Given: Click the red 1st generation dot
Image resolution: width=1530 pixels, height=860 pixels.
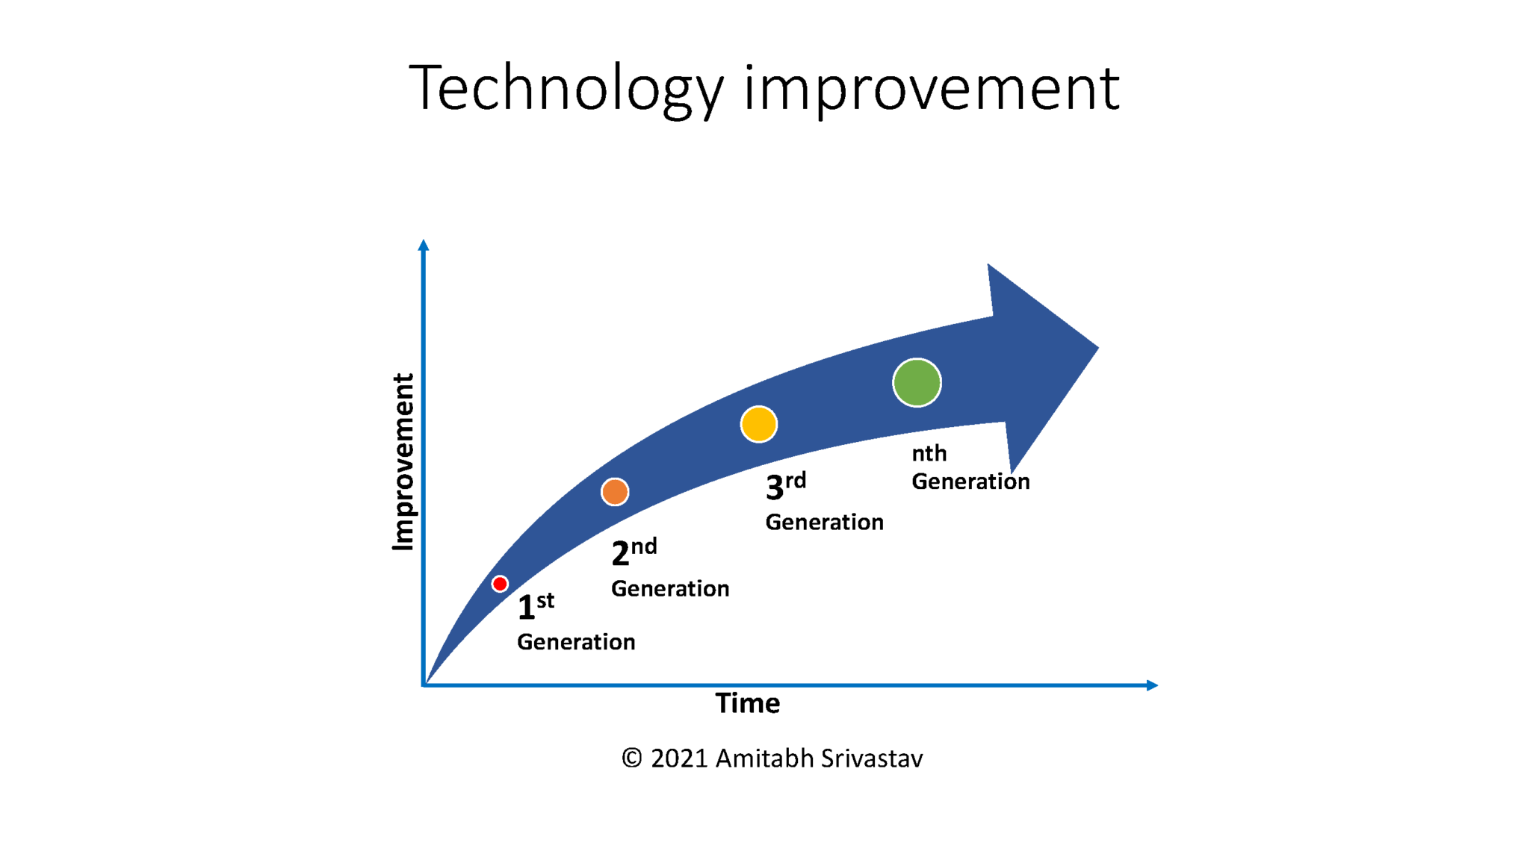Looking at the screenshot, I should [500, 584].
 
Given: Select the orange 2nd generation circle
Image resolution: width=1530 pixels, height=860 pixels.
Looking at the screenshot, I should [615, 492].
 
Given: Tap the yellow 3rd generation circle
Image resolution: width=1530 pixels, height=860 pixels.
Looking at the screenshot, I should [758, 424].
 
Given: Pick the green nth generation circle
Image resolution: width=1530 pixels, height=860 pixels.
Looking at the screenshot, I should [917, 383].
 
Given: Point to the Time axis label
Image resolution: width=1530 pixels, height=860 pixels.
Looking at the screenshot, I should [747, 703].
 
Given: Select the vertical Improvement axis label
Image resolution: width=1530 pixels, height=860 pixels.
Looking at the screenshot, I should [403, 463].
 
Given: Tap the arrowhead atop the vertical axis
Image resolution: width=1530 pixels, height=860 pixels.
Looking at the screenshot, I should [424, 245].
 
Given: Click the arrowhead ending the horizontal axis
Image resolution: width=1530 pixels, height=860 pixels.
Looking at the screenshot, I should [1152, 685].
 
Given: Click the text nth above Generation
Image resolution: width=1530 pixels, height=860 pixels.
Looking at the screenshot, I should [929, 453].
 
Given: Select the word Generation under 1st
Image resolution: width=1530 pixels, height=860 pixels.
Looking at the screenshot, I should [576, 642].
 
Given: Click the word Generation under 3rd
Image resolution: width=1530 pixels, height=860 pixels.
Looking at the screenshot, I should [824, 522].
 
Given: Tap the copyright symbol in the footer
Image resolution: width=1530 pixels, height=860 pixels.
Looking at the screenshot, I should [632, 758].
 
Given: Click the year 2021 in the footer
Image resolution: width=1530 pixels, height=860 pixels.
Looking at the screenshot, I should [679, 758].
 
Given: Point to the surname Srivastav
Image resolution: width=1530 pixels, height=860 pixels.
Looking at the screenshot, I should [871, 758].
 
